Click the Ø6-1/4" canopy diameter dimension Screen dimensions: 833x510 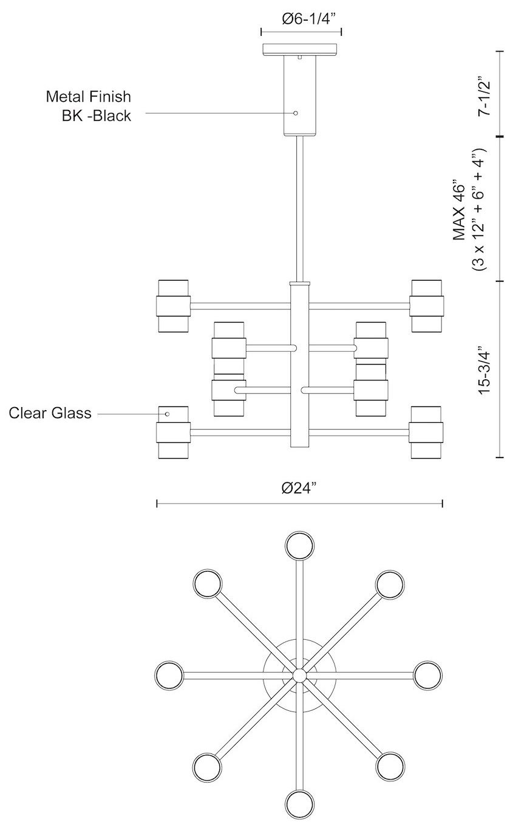(301, 19)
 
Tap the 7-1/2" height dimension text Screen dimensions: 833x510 (484, 96)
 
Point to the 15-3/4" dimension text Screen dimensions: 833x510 (484, 371)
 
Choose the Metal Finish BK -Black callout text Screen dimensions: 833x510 (89, 106)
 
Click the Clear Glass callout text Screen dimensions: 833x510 (50, 413)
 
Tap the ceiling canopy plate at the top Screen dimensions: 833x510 (301, 49)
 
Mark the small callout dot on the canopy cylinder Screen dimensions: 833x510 (296, 113)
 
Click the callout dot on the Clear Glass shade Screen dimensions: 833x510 (168, 414)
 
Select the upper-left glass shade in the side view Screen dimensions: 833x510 (174, 306)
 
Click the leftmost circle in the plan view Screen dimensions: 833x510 (169, 674)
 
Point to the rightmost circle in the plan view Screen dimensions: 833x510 (429, 674)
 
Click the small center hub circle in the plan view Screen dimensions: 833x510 (299, 674)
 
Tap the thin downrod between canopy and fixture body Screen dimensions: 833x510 (300, 207)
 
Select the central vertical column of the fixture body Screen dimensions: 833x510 (300, 365)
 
